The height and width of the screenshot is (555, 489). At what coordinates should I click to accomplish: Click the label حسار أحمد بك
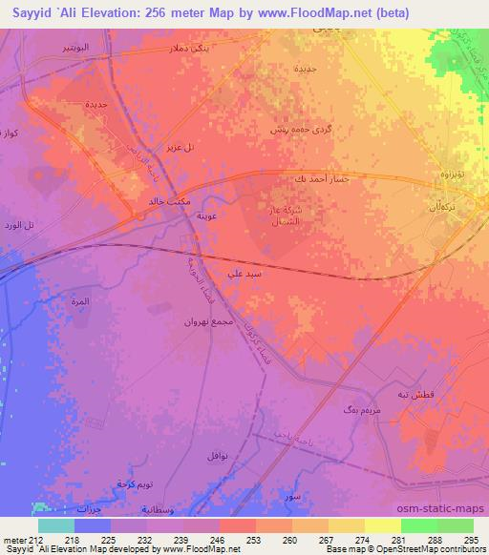pyautogui.click(x=312, y=179)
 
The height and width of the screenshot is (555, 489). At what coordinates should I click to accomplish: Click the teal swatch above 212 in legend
pyautogui.click(x=56, y=525)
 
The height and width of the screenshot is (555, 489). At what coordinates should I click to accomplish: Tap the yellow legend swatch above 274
pyautogui.click(x=383, y=525)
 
